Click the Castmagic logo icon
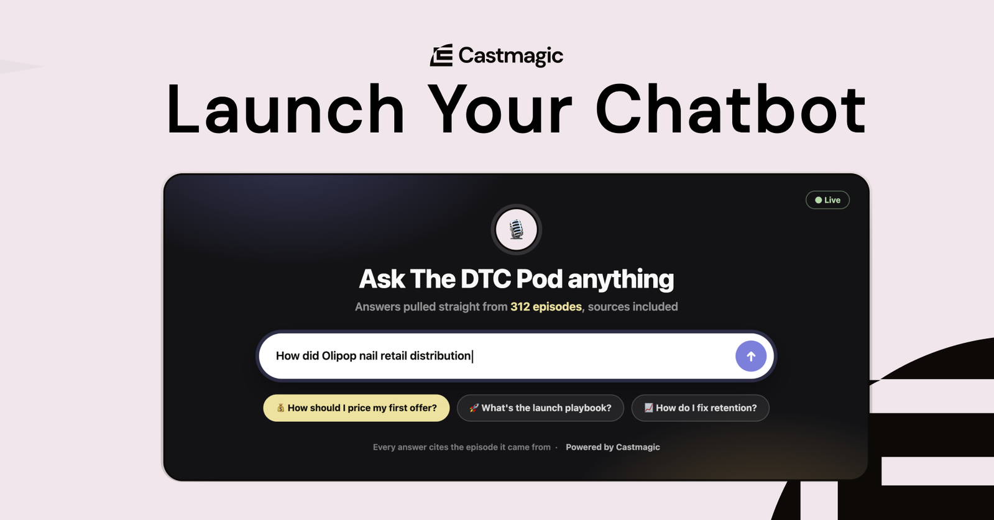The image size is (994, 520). tap(441, 55)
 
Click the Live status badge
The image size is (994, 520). tap(827, 200)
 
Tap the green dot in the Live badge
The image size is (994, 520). tap(818, 200)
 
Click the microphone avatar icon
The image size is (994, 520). tap(516, 230)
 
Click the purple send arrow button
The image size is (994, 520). tap(751, 356)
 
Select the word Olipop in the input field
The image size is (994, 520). tap(339, 356)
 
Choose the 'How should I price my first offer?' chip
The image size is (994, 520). tap(356, 408)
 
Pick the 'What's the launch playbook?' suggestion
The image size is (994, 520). tap(540, 408)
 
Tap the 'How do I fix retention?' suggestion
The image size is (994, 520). tap(700, 408)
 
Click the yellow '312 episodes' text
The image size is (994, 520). tap(546, 307)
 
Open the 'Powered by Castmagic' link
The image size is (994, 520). tap(613, 447)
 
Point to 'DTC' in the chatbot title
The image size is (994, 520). tap(485, 280)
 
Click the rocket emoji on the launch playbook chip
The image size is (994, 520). tap(474, 408)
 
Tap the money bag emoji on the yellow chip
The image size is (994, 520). tap(280, 408)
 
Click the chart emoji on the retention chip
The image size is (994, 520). tap(648, 408)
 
